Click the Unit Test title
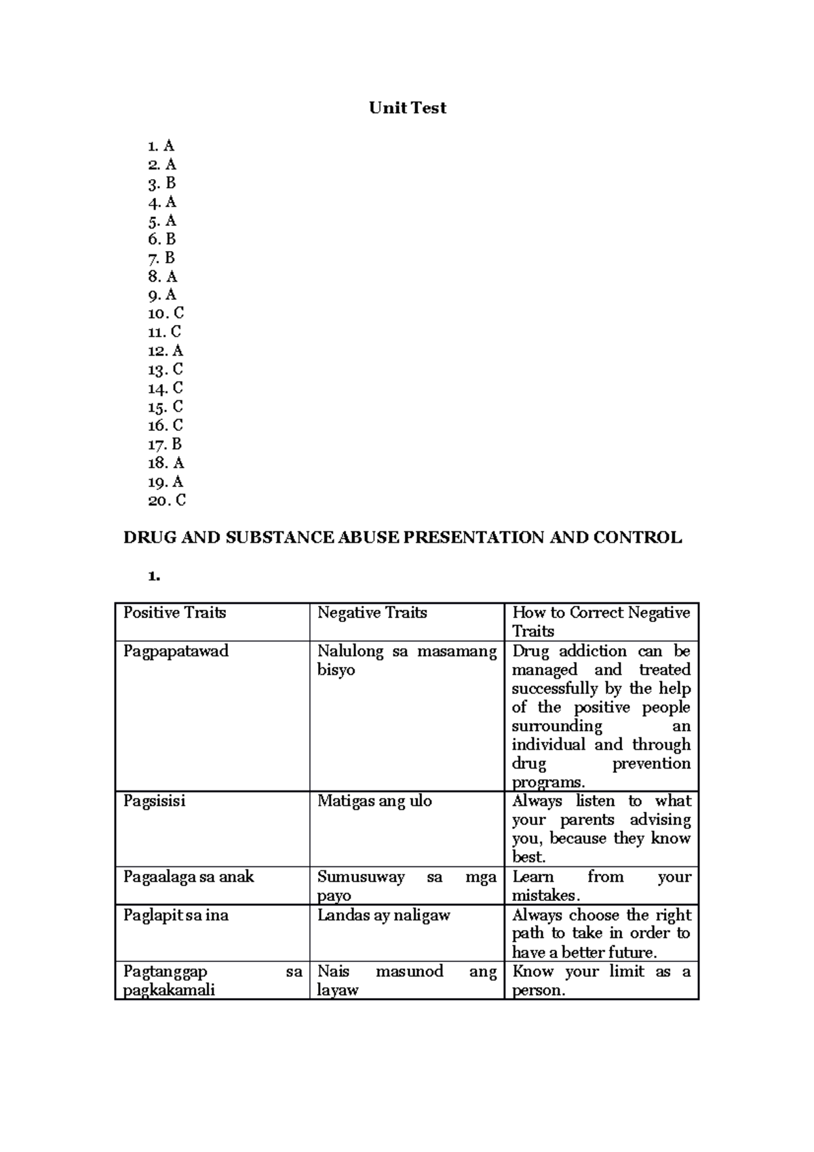407,108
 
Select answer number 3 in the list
162,183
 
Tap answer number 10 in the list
166,313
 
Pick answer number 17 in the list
165,444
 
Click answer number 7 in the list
161,258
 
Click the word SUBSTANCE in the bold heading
279,538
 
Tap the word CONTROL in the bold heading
637,538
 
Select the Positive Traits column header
174,613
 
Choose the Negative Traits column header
372,613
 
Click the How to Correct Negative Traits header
601,621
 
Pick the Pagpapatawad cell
176,651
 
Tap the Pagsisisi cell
154,801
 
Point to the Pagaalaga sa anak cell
189,877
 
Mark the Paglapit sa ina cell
176,915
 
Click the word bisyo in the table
336,670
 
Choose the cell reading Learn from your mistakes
601,886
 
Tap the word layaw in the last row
337,991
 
